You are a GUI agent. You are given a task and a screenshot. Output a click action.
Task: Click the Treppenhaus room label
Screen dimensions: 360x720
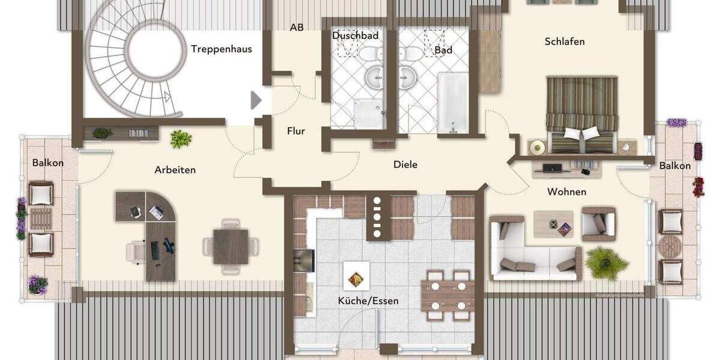pyautogui.click(x=221, y=49)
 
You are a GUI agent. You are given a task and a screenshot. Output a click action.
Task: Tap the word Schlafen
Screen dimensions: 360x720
pyautogui.click(x=565, y=41)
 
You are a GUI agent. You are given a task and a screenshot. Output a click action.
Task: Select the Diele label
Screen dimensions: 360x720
pyautogui.click(x=406, y=164)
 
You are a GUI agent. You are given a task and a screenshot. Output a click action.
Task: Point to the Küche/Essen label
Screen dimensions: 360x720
pyautogui.click(x=368, y=301)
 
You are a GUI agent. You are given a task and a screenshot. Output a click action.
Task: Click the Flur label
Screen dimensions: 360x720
pyautogui.click(x=296, y=131)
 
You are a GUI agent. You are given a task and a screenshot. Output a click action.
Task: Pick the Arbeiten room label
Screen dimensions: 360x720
pyautogui.click(x=175, y=170)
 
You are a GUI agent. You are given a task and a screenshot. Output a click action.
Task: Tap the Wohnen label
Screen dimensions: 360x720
pyautogui.click(x=566, y=192)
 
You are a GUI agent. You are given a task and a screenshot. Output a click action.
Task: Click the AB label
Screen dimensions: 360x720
pyautogui.click(x=296, y=28)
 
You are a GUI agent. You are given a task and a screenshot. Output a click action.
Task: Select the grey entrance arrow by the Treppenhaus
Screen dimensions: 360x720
pyautogui.click(x=256, y=100)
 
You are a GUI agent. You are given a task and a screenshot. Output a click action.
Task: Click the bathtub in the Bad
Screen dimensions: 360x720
pyautogui.click(x=452, y=102)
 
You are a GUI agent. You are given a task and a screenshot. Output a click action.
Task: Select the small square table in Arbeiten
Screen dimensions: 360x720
pyautogui.click(x=230, y=247)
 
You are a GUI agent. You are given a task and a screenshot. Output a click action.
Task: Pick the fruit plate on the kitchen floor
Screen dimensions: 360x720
pyautogui.click(x=355, y=279)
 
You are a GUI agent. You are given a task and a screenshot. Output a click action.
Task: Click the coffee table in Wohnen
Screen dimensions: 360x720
pyautogui.click(x=553, y=224)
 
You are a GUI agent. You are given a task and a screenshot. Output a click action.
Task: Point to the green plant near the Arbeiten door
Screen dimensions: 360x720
pyautogui.click(x=181, y=139)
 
